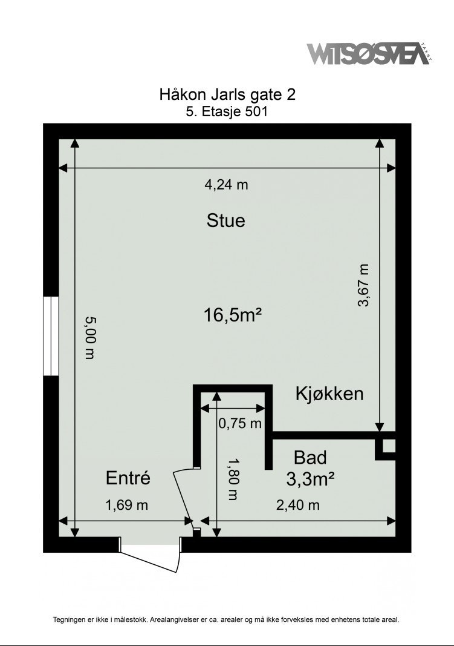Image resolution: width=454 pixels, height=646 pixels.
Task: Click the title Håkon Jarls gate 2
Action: tap(227, 95)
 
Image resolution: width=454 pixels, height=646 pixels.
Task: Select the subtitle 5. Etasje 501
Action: tap(227, 111)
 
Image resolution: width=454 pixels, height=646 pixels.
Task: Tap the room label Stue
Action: tap(226, 220)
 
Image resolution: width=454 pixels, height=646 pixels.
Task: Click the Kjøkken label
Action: tap(329, 394)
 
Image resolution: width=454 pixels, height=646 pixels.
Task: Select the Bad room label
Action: tap(310, 457)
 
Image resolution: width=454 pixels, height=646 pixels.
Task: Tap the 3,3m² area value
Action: tap(311, 480)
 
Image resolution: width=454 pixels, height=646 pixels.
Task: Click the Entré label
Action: tap(128, 478)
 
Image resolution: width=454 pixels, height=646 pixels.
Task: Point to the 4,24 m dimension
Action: tap(227, 185)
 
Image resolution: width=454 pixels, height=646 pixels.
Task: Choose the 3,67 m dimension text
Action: tap(363, 286)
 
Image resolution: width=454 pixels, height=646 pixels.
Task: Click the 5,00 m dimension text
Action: tap(90, 338)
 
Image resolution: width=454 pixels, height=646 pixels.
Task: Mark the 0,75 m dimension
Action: tap(240, 423)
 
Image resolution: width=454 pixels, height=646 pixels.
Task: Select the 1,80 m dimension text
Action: tap(233, 478)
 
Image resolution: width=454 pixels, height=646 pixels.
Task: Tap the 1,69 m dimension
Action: tap(126, 504)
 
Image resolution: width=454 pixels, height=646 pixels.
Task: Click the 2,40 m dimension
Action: tap(298, 504)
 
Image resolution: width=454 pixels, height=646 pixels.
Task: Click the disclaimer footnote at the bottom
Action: tap(227, 619)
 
